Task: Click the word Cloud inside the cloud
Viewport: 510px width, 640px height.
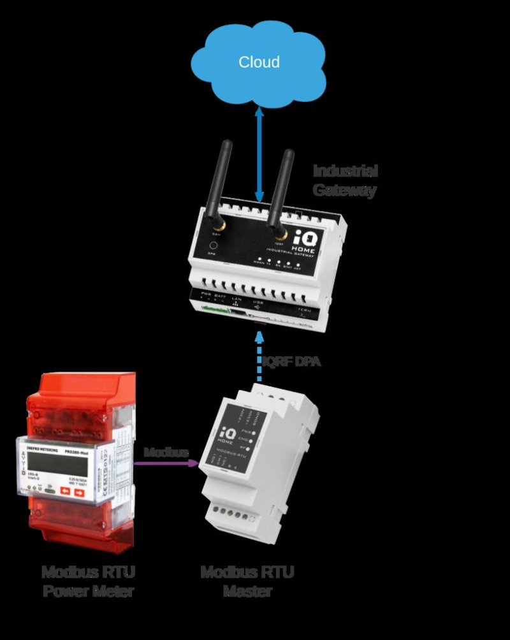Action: click(x=259, y=62)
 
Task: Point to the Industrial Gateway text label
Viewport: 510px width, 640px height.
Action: click(x=345, y=180)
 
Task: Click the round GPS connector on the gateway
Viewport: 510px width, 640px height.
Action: click(x=214, y=246)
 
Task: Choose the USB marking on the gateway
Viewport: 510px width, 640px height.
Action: click(x=258, y=302)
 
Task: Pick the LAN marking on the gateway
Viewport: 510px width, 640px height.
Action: click(x=235, y=300)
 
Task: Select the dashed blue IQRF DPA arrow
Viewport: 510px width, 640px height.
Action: click(x=259, y=357)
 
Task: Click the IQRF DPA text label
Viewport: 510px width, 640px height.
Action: click(x=291, y=361)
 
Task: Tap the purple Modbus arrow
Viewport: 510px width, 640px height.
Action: click(x=170, y=463)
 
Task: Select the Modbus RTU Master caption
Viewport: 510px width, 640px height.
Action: click(x=247, y=581)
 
